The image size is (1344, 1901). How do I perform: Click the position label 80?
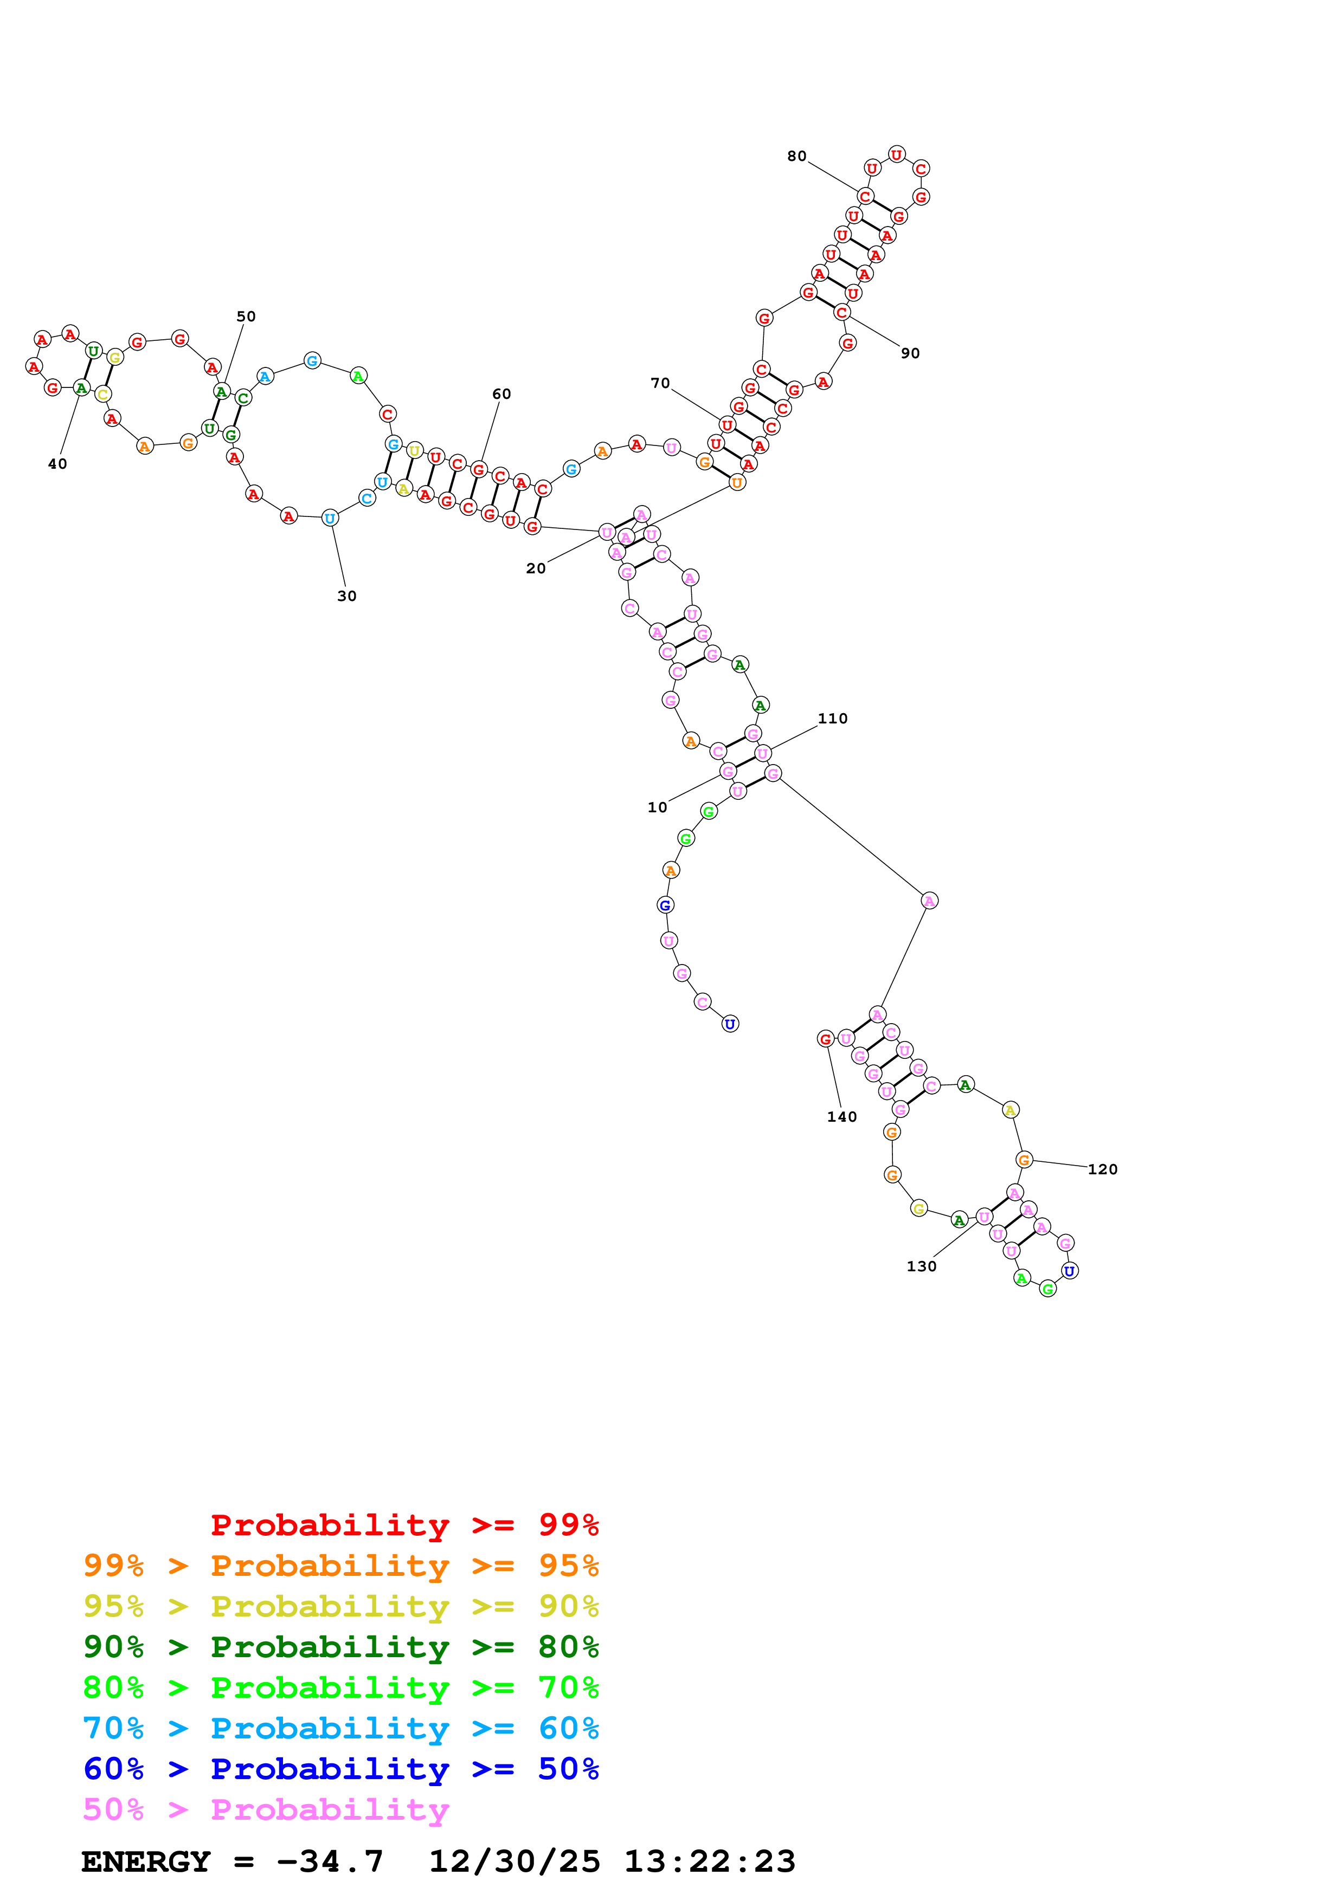(x=796, y=157)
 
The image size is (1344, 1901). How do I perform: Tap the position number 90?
(x=910, y=353)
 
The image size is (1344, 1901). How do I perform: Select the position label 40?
(x=57, y=464)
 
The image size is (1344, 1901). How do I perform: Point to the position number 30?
(x=347, y=596)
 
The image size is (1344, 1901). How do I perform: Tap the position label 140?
(x=841, y=1117)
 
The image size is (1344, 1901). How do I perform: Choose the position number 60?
(x=502, y=394)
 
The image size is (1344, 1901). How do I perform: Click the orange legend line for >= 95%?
(x=340, y=1565)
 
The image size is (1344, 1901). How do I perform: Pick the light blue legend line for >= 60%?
(x=340, y=1728)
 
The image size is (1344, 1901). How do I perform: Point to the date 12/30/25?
(x=515, y=1861)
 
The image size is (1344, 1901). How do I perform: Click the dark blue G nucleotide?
(x=665, y=905)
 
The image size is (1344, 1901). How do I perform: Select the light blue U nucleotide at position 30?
(x=330, y=518)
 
